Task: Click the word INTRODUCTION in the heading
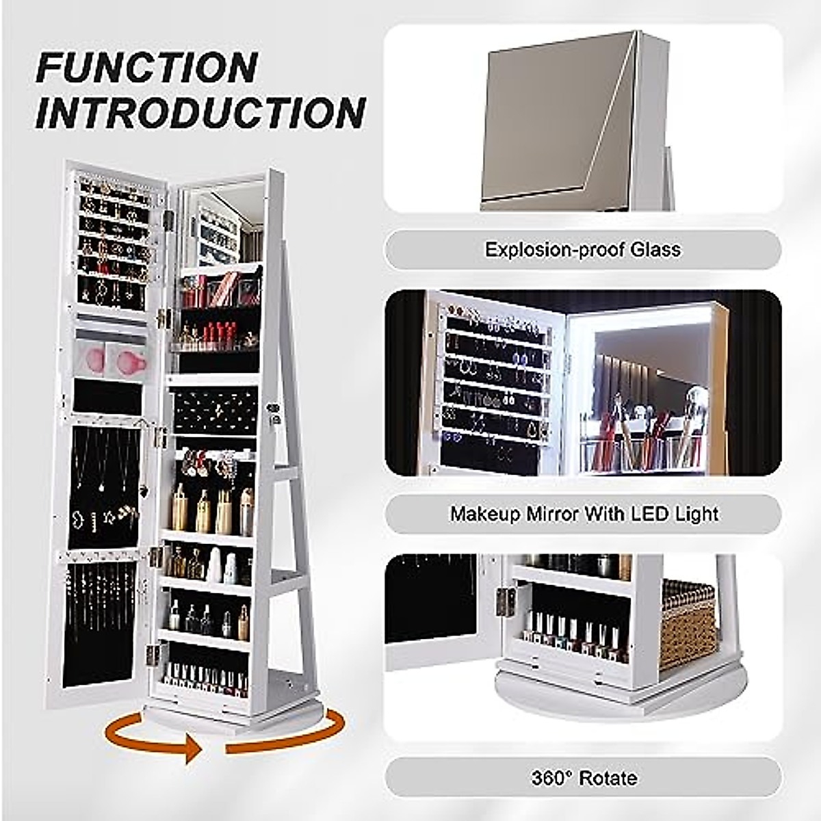tap(200, 113)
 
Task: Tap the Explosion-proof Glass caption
tap(583, 249)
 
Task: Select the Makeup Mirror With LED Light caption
tap(583, 514)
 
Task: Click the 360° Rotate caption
tap(583, 778)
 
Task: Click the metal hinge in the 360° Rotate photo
tap(506, 600)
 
